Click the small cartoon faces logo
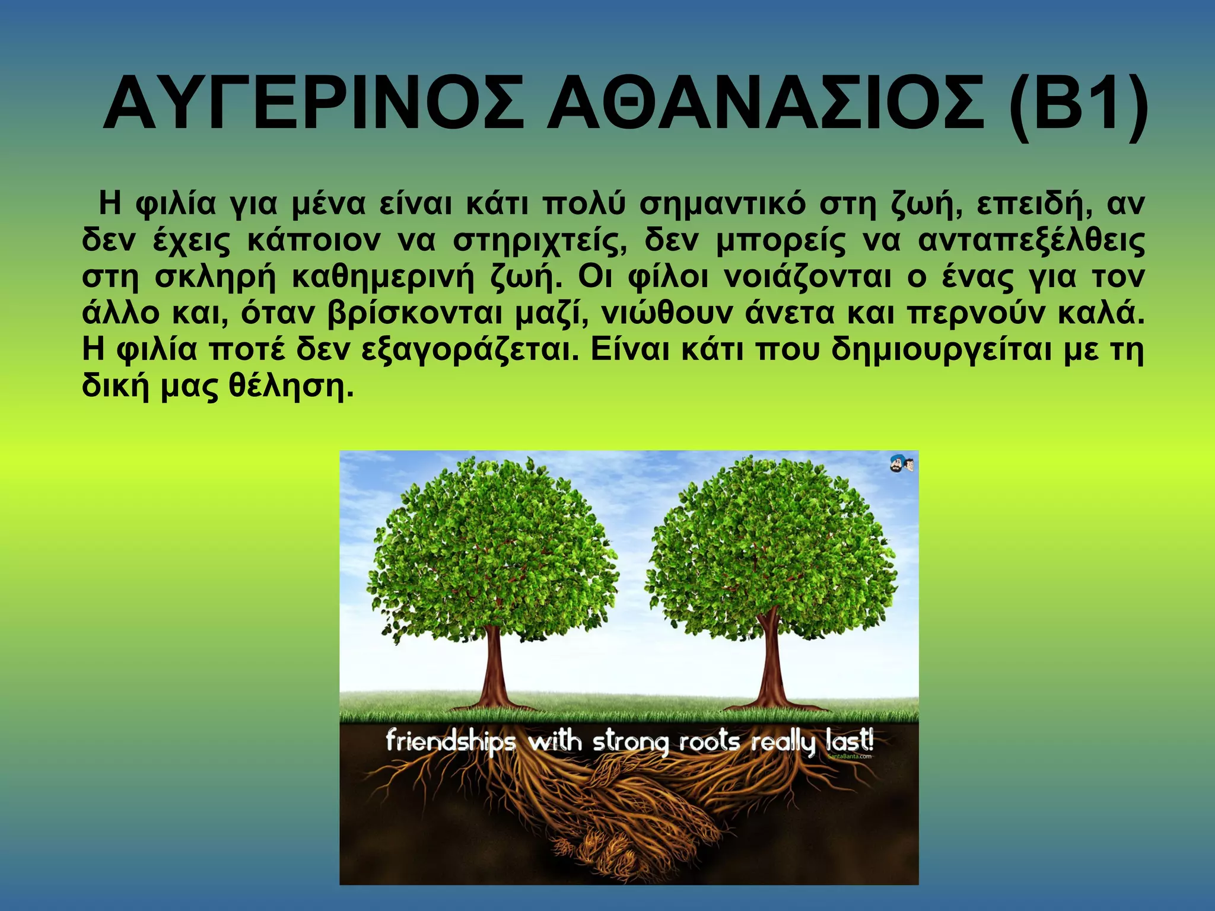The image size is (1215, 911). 901,464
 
